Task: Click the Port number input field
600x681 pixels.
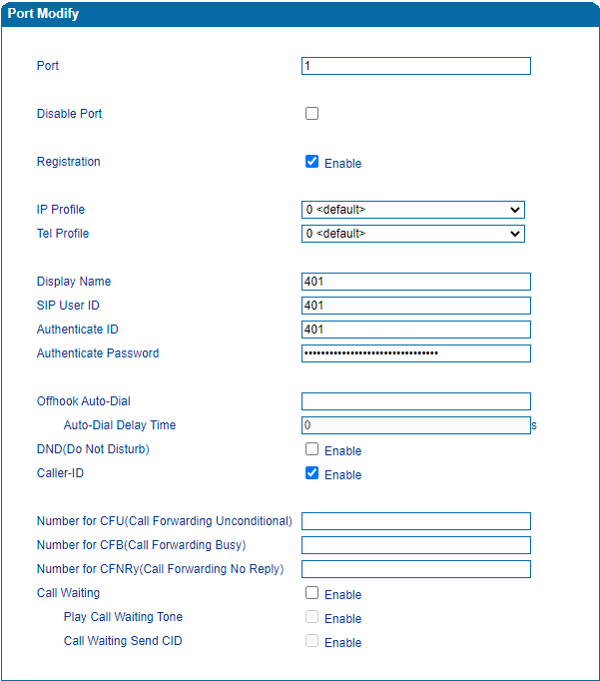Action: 415,66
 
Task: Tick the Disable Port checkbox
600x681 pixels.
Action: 312,114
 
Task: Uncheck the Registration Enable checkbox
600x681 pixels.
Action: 312,162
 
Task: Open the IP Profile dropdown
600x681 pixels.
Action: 413,210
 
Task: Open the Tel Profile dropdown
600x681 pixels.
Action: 413,234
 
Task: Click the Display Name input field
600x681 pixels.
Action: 415,282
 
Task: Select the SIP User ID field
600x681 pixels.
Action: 415,306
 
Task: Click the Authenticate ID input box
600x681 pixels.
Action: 415,330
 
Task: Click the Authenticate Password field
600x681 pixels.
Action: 415,353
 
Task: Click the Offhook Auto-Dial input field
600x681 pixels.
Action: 415,401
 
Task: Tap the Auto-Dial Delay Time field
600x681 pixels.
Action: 415,425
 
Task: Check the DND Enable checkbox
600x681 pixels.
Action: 312,449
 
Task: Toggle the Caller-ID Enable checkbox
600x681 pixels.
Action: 312,473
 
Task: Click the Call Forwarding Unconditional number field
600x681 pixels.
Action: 415,521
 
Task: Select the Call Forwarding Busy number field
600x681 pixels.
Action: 415,545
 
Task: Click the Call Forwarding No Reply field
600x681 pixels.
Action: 415,569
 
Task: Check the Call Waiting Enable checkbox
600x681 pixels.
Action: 312,593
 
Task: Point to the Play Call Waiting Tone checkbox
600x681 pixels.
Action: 312,617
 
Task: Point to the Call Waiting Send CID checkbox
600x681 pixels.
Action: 312,641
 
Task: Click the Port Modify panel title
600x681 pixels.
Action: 43,14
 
